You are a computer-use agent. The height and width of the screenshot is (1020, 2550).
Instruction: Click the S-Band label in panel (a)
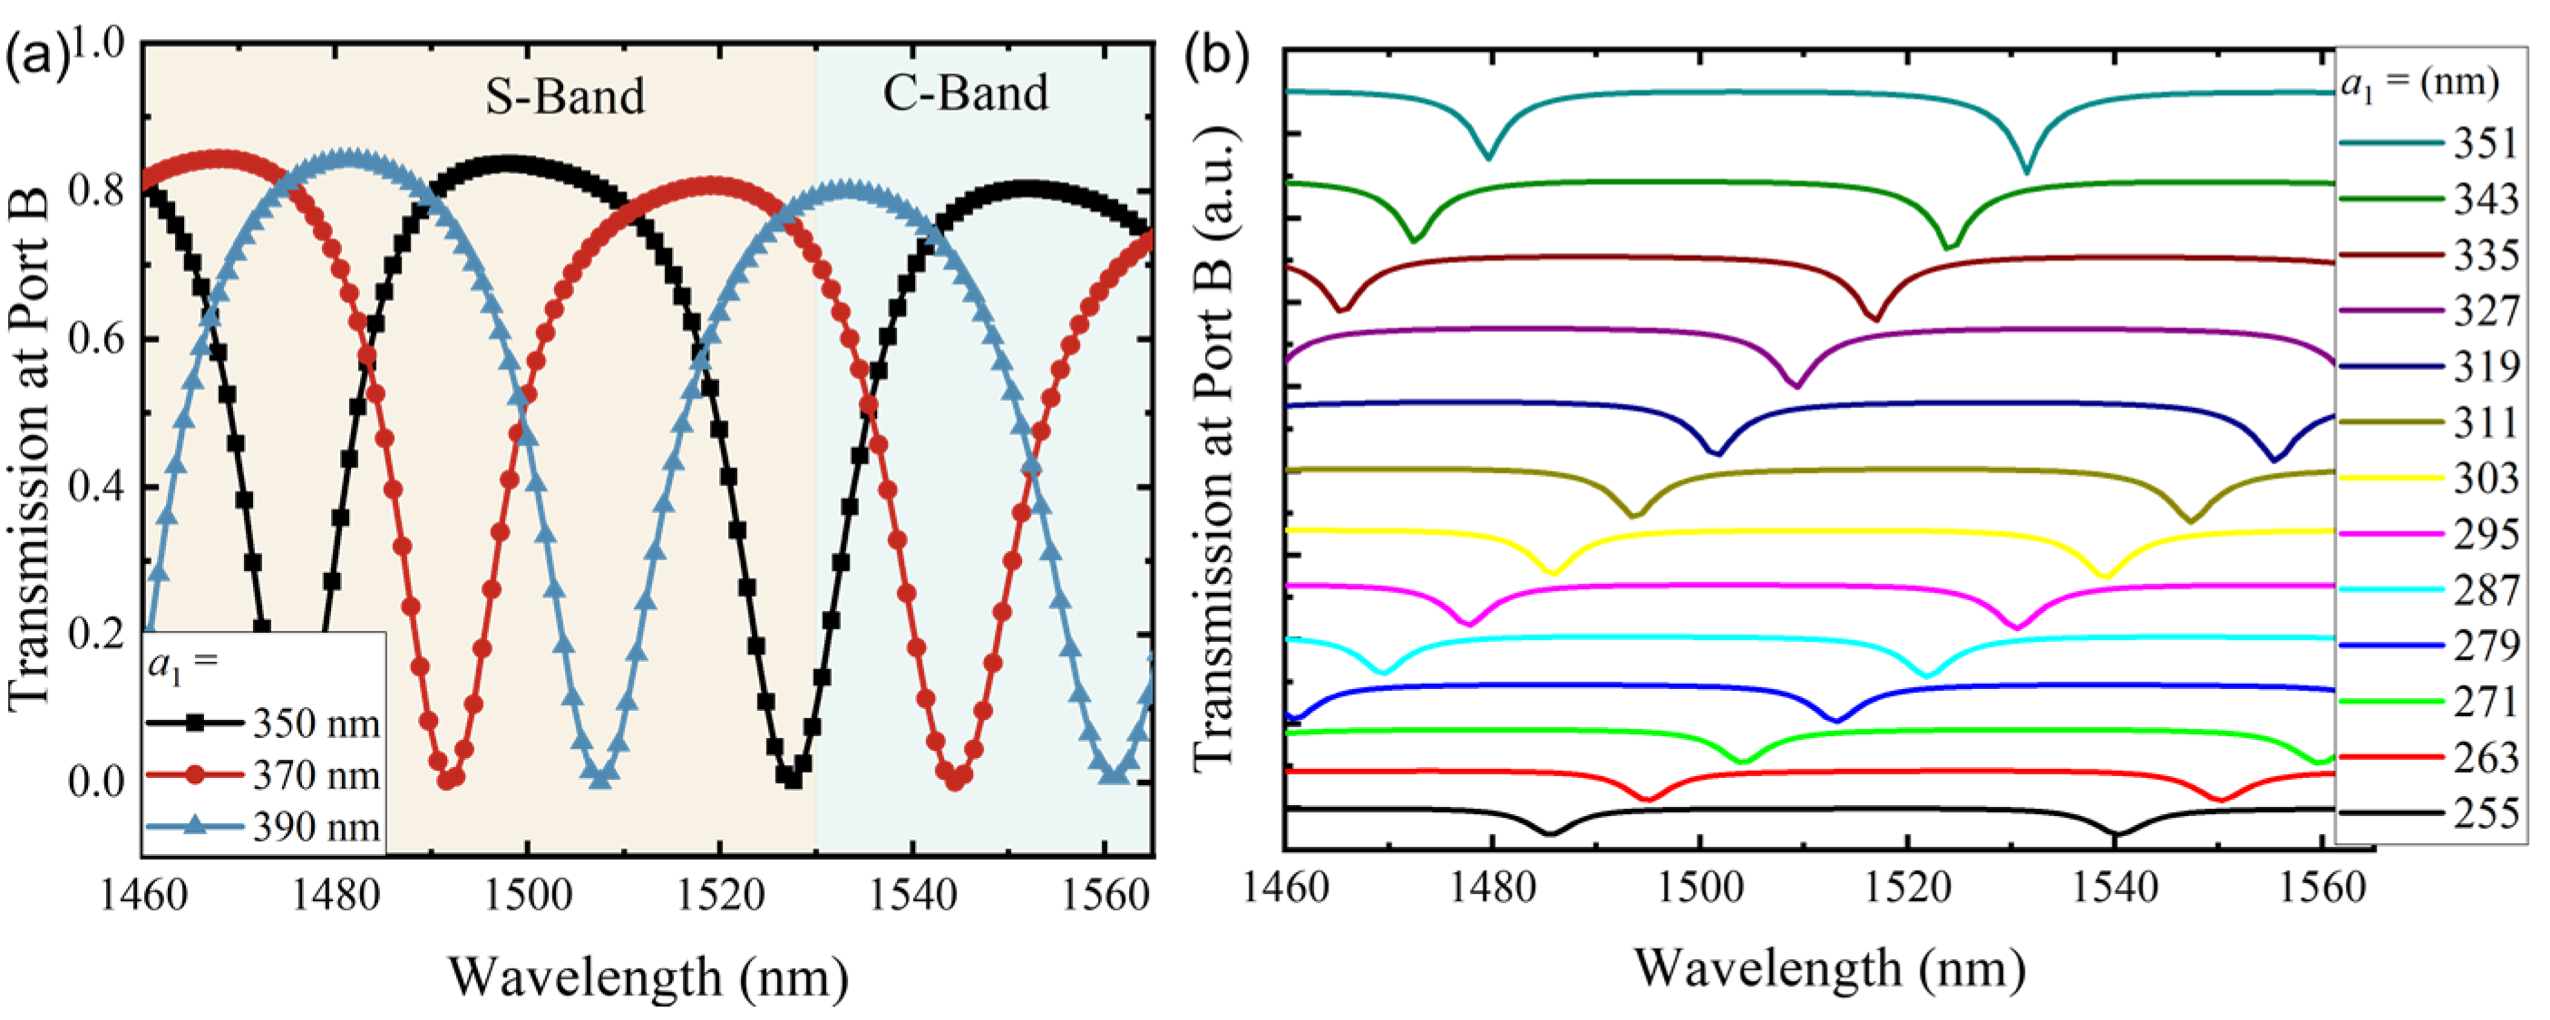(x=564, y=97)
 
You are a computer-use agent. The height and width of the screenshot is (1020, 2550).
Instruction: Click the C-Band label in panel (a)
(x=965, y=93)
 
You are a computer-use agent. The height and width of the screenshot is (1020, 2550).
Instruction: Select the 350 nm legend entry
(x=315, y=724)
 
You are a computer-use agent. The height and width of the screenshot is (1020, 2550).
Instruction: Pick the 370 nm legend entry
(x=315, y=774)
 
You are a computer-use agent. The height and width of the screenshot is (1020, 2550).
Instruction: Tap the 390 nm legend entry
(x=315, y=826)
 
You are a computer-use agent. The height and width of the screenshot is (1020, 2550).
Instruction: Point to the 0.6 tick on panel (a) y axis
(x=96, y=339)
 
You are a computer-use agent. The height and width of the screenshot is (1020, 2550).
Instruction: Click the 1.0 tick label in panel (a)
(x=96, y=44)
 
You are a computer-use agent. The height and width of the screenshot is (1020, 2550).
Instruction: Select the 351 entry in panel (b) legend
(x=2485, y=144)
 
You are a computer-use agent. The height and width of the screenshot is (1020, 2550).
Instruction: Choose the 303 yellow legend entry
(x=2485, y=479)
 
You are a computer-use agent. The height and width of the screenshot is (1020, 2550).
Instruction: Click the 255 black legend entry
(x=2485, y=813)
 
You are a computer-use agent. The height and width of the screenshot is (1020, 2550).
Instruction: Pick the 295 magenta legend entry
(x=2485, y=534)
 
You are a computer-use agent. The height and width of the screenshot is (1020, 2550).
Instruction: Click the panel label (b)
(x=1217, y=55)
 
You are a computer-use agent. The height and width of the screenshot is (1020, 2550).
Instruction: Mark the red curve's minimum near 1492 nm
(x=447, y=781)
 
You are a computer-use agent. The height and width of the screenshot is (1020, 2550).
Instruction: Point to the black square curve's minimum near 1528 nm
(x=791, y=780)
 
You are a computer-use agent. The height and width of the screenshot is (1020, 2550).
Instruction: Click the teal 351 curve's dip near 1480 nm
(x=1488, y=156)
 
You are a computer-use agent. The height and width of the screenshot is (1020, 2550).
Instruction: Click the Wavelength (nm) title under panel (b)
(x=1829, y=967)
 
